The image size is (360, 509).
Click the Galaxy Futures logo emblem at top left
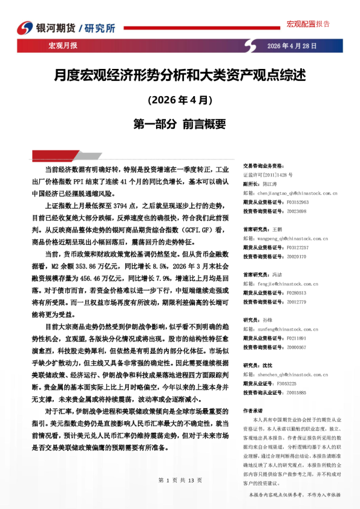pos(26,28)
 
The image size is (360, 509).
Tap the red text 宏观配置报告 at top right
pos(308,24)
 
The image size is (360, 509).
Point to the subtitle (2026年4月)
pos(180,99)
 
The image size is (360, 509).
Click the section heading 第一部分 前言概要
pos(180,124)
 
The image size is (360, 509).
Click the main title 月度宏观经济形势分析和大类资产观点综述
pos(180,76)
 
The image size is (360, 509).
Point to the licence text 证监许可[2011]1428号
pos(267,173)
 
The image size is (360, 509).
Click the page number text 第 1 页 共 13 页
pos(180,480)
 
